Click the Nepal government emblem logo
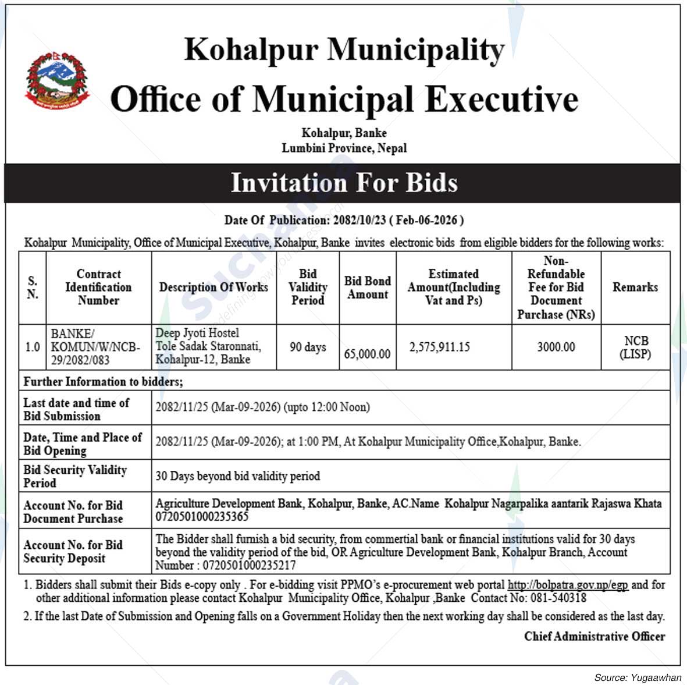point(57,80)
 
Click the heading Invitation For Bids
point(344,183)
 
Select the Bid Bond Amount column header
point(367,288)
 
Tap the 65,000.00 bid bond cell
point(367,354)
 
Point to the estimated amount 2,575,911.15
point(439,347)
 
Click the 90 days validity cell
point(308,347)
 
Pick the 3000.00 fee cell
point(556,347)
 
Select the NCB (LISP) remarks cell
point(635,347)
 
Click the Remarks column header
point(635,287)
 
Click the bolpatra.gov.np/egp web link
point(568,585)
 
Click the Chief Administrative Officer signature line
point(594,636)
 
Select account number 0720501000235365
point(202,516)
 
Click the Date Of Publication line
point(344,220)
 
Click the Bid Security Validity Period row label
point(75,476)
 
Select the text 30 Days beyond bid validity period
point(237,476)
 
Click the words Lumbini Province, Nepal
point(344,148)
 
